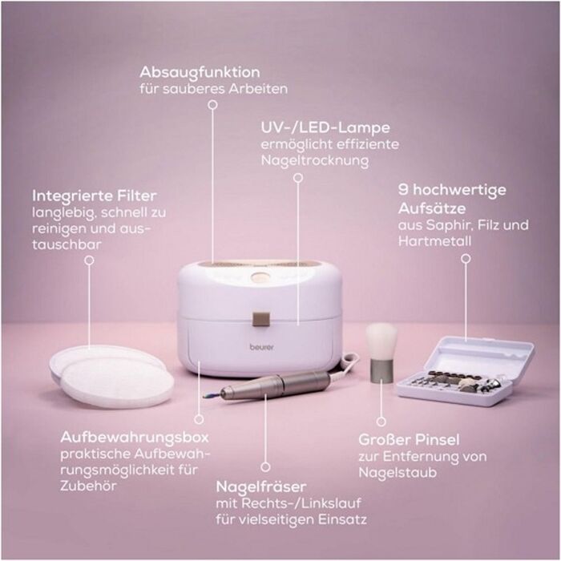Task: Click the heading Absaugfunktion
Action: click(x=200, y=72)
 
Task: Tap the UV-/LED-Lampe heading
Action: click(x=325, y=127)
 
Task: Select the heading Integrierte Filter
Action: click(x=95, y=196)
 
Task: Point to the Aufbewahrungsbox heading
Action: click(x=135, y=437)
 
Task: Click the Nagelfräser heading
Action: click(x=261, y=486)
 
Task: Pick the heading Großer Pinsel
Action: click(x=409, y=440)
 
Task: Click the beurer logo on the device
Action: click(x=261, y=347)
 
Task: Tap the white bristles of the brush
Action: click(x=381, y=341)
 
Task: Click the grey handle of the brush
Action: click(x=381, y=372)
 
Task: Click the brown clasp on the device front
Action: click(x=260, y=319)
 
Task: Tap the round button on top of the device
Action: click(x=259, y=277)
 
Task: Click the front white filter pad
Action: click(x=117, y=382)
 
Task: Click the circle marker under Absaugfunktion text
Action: click(x=213, y=104)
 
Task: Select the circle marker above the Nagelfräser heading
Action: click(x=265, y=466)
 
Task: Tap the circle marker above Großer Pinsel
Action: click(x=381, y=422)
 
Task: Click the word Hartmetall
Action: click(x=434, y=241)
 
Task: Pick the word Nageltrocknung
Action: click(x=315, y=160)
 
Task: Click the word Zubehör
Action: click(x=88, y=486)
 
